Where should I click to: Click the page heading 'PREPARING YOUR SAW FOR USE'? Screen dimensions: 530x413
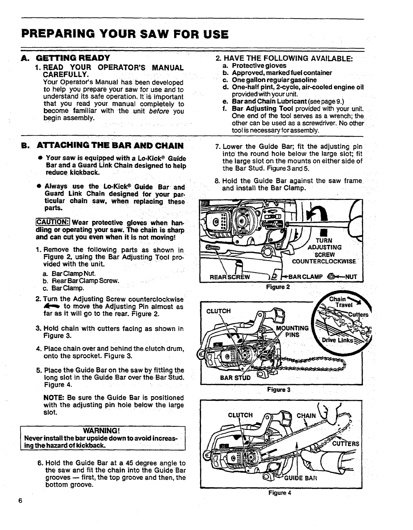pyautogui.click(x=125, y=34)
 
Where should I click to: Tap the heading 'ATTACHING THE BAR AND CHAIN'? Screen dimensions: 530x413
pyautogui.click(x=110, y=146)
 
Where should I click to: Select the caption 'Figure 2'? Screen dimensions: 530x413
pyautogui.click(x=278, y=287)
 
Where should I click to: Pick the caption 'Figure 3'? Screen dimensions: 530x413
pyautogui.click(x=279, y=390)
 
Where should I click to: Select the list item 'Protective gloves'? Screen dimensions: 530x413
pyautogui.click(x=259, y=65)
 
